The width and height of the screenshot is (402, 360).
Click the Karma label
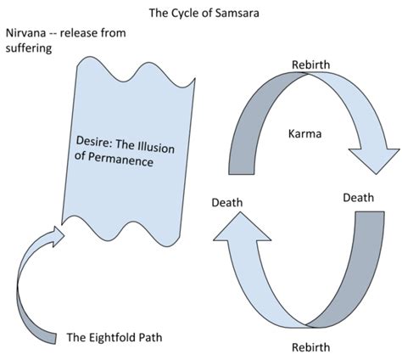tap(304, 134)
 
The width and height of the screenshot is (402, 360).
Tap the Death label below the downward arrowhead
tap(358, 197)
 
